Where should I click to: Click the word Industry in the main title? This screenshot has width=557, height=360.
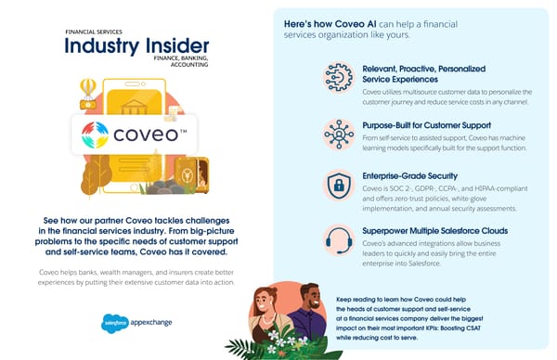click(97, 46)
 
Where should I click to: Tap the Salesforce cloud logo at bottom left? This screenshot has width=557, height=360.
click(116, 323)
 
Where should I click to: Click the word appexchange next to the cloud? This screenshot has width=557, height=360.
click(149, 323)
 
